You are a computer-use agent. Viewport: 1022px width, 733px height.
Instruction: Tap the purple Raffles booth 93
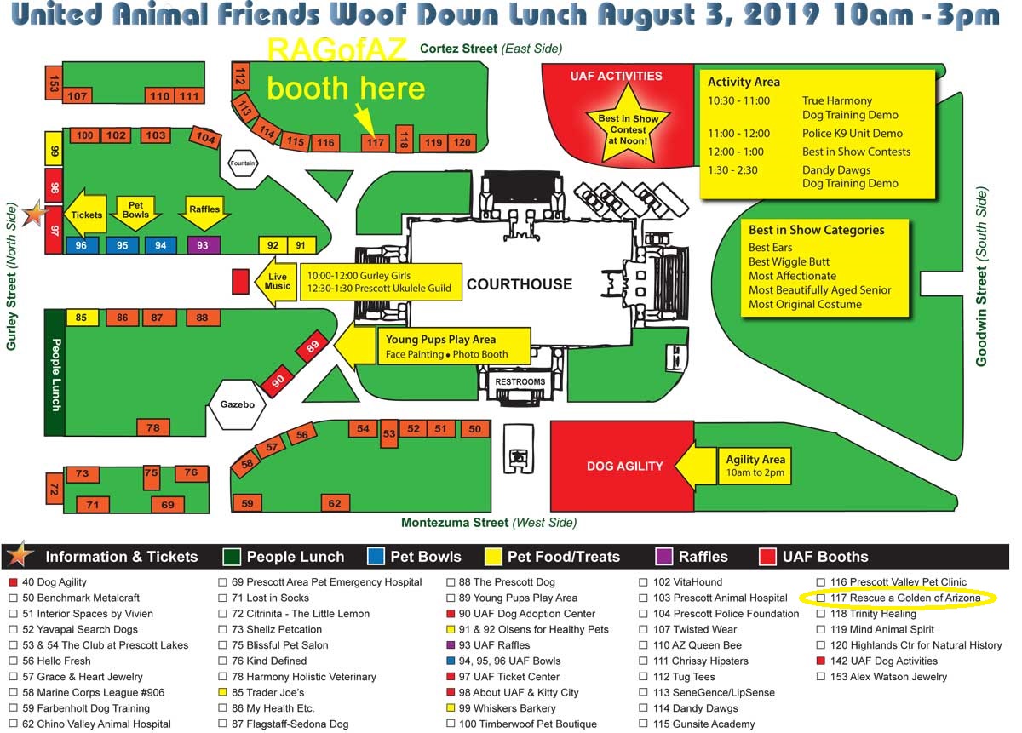(203, 245)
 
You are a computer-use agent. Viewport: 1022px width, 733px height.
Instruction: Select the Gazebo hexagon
(238, 404)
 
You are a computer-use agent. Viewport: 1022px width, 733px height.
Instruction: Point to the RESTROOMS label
(520, 382)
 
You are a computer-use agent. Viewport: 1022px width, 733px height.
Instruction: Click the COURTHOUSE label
(520, 283)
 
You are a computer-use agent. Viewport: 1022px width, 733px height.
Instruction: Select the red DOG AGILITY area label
(624, 466)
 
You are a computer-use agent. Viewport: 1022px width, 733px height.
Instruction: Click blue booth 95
(123, 245)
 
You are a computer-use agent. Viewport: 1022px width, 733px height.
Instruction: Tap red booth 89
(312, 347)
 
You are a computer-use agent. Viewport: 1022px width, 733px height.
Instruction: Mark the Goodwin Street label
(981, 278)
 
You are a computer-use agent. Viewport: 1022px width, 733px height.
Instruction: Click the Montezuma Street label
(489, 523)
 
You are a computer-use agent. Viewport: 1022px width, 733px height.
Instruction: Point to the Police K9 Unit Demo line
(852, 134)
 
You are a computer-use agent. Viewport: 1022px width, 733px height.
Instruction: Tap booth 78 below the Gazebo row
(153, 427)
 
